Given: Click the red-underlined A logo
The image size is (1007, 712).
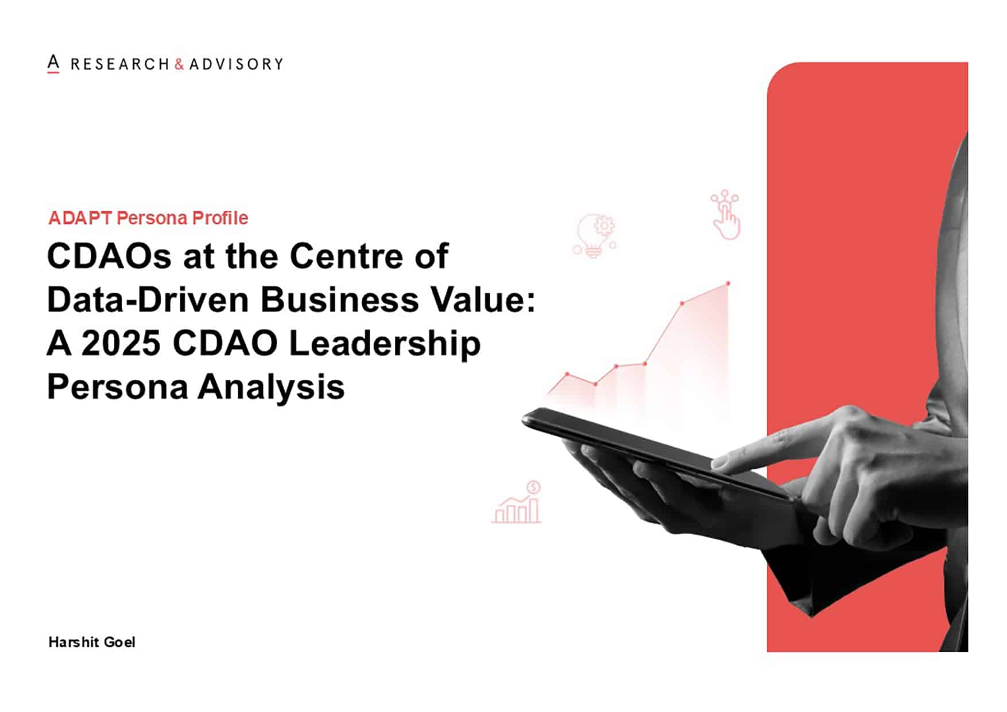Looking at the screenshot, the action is [53, 64].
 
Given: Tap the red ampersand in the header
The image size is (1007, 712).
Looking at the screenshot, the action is [179, 64].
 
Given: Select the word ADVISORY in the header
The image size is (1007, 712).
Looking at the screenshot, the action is [236, 64].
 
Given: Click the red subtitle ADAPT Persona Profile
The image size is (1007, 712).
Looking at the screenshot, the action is [148, 218].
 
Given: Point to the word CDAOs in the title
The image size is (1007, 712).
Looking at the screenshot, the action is [109, 256].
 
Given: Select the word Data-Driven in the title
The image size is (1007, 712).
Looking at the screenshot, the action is [149, 299].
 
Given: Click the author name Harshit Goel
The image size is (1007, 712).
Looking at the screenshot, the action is [92, 642].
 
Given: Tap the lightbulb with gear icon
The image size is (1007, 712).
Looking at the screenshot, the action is [595, 235].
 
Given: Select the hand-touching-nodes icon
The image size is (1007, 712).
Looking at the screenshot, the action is [726, 215].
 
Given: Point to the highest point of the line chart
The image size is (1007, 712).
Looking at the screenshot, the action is [728, 283].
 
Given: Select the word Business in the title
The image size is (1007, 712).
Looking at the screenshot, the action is [340, 299].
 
